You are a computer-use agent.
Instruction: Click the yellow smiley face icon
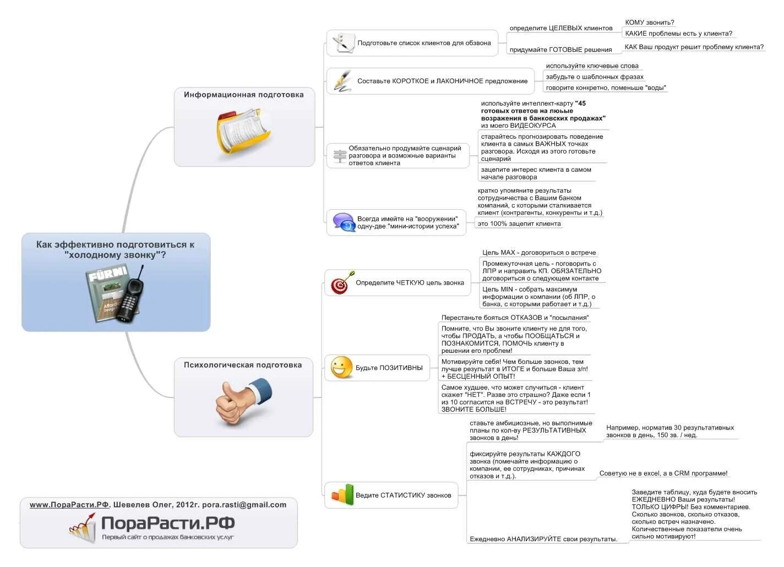341,368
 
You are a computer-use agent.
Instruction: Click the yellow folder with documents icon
244,130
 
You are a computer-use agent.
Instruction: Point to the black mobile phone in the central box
132,296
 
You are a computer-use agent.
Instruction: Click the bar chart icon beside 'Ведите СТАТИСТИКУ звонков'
342,495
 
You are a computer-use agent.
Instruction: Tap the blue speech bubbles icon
344,222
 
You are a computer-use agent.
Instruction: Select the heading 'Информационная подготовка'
243,95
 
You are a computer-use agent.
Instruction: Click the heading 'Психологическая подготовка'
243,365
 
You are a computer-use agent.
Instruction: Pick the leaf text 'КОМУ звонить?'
649,23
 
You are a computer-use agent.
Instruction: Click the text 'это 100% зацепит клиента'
519,223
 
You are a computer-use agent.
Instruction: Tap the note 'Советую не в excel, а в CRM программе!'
663,473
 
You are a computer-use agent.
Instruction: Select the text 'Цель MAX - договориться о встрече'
538,253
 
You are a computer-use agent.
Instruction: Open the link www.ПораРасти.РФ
69,505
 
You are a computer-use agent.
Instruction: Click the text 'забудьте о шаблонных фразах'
594,77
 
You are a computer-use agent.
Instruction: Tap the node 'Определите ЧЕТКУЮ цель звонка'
409,283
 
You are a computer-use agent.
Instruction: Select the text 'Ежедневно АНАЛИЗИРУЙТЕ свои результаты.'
543,539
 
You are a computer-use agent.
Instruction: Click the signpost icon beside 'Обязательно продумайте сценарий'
340,156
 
